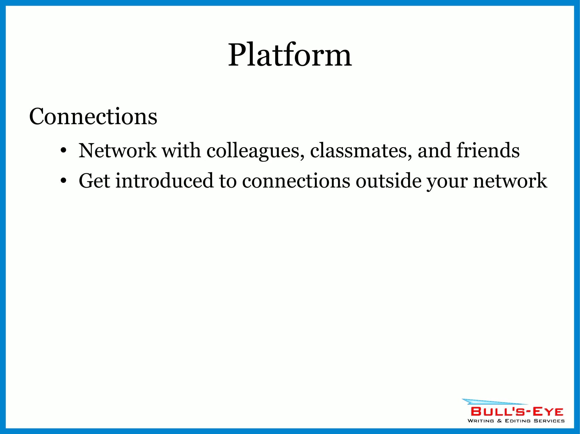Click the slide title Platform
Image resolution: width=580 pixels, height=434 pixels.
(290, 55)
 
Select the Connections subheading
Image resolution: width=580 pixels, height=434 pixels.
(93, 116)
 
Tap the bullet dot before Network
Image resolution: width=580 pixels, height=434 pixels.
(63, 150)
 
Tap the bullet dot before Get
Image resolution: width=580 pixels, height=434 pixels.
(63, 181)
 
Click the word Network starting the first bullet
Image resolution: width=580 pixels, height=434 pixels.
(117, 150)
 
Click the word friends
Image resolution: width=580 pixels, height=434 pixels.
(488, 150)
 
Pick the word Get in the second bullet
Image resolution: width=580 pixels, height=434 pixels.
(94, 181)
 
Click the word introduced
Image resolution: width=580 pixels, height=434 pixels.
(164, 181)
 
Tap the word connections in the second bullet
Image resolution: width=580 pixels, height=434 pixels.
(296, 181)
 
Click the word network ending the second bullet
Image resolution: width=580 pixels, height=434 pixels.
(510, 181)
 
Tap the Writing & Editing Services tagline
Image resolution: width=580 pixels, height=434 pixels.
(516, 421)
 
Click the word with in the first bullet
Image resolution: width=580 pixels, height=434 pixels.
(181, 150)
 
